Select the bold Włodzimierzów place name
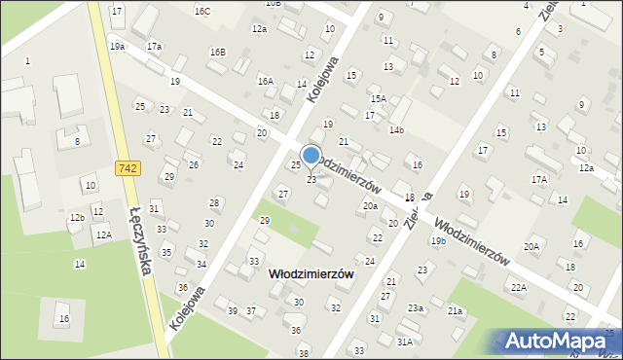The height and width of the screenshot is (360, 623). (x=311, y=275)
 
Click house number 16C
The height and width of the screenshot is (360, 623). (x=202, y=11)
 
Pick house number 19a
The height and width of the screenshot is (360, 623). (x=117, y=47)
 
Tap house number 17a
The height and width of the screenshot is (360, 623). (x=154, y=47)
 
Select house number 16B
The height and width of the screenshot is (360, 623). (x=217, y=52)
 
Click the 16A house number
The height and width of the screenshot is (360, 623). (x=265, y=82)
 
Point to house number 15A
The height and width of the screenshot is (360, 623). (x=378, y=98)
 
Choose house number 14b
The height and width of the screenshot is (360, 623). (x=396, y=129)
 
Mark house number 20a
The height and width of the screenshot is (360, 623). (x=370, y=206)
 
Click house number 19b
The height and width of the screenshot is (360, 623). (x=438, y=240)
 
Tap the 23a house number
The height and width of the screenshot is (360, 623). (x=416, y=307)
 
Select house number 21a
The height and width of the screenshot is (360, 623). (x=455, y=310)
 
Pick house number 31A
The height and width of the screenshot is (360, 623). (x=404, y=342)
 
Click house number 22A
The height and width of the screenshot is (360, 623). (x=519, y=287)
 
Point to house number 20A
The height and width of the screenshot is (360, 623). (x=531, y=247)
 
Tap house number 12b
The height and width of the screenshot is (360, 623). (x=76, y=217)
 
